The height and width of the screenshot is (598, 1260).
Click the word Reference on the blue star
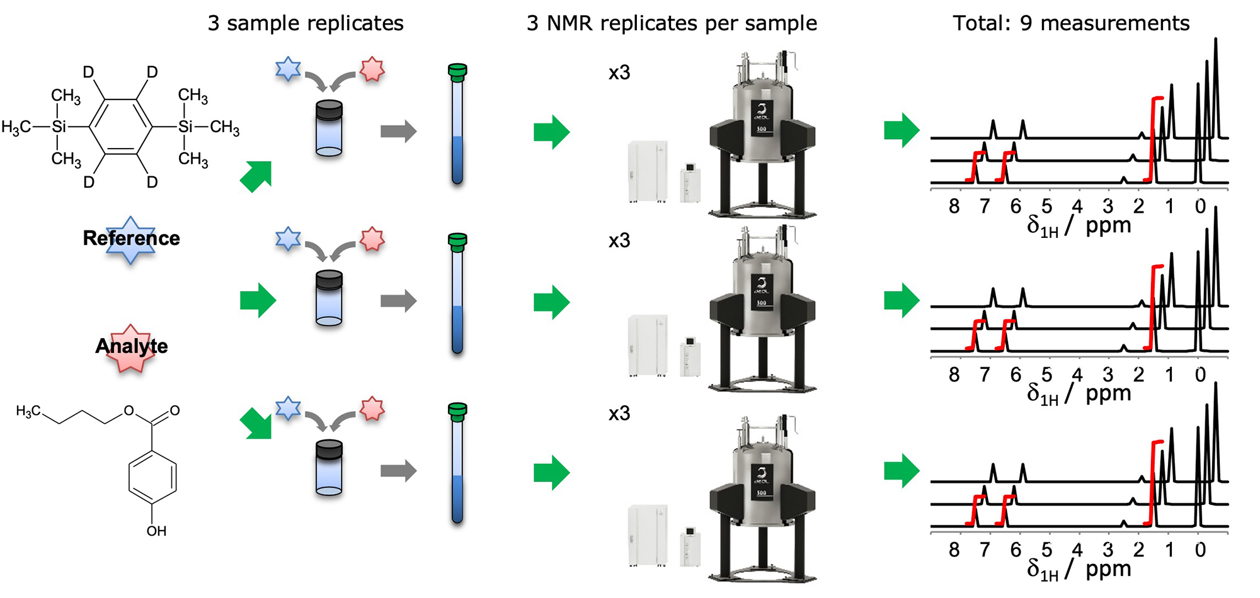(131, 238)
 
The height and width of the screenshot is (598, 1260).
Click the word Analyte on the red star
(132, 346)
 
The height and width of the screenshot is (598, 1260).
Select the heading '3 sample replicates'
(306, 23)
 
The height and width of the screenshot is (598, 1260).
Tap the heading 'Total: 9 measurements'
(1071, 23)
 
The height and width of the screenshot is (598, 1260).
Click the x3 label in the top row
(619, 73)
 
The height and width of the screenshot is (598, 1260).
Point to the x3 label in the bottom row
(619, 414)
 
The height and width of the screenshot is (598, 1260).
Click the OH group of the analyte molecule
(156, 531)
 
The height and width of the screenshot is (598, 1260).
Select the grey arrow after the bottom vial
(398, 470)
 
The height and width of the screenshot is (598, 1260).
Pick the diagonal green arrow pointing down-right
(256, 423)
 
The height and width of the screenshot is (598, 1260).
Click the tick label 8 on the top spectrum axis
(954, 206)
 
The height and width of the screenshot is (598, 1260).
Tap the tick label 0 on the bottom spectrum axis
(1200, 550)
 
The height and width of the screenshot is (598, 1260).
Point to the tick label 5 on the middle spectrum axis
(1046, 375)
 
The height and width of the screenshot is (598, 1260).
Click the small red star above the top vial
(372, 69)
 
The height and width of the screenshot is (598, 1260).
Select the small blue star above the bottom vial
(288, 409)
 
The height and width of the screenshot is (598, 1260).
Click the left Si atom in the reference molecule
(59, 127)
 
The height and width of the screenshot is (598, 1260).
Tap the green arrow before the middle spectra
(902, 300)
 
